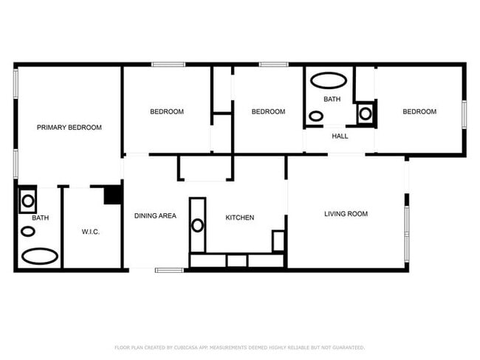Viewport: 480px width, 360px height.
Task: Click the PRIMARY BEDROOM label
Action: tap(69, 128)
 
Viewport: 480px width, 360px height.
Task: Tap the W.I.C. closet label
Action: tap(90, 232)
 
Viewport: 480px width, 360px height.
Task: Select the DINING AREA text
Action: tap(155, 216)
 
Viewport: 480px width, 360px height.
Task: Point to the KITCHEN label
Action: tap(240, 218)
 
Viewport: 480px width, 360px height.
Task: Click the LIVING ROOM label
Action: tap(346, 214)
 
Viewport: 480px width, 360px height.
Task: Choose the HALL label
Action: tap(340, 136)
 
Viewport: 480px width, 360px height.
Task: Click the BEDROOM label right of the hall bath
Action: tap(419, 112)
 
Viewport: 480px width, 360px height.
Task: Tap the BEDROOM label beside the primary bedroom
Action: tap(167, 112)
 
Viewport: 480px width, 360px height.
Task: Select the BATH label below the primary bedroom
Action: tap(40, 218)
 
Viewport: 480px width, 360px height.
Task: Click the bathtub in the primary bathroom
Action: tap(40, 256)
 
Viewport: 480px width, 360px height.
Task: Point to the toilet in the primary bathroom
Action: tap(28, 199)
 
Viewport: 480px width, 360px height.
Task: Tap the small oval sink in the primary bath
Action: tap(27, 231)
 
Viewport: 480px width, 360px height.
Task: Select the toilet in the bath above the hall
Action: tap(365, 113)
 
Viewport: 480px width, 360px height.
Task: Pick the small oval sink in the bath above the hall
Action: tap(316, 116)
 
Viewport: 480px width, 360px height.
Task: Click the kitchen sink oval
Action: tap(197, 225)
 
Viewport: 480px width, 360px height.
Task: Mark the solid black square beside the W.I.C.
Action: tap(112, 195)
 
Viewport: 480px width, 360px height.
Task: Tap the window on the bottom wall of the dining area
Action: tap(169, 270)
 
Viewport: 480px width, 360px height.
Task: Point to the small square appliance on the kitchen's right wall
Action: tap(278, 240)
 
